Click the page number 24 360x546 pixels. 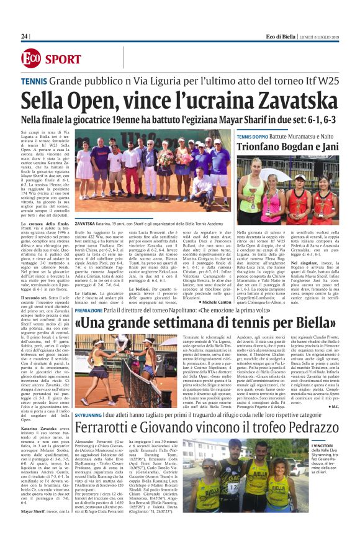pyautogui.click(x=24, y=37)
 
